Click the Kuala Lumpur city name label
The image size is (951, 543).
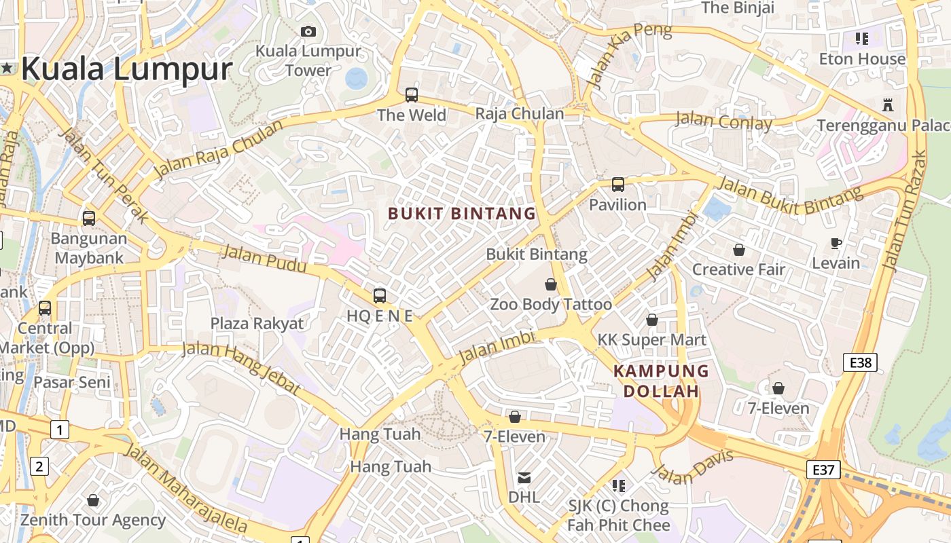pos(126,69)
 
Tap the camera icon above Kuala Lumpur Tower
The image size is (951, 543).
pos(308,31)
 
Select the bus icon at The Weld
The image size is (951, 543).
pos(412,95)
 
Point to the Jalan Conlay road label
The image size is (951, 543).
pos(723,122)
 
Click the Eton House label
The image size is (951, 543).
pos(862,59)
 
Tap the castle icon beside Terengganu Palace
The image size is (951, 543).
pos(886,105)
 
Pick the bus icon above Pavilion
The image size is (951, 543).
pos(617,184)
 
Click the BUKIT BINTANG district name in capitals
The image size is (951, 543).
pos(462,214)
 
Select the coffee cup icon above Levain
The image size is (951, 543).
pos(836,243)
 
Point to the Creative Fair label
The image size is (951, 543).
pos(738,269)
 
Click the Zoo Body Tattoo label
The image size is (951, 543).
pos(551,304)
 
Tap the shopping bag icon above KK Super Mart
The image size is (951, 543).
pos(652,320)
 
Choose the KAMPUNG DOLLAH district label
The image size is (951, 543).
pos(661,381)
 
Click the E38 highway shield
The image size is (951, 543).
pos(861,362)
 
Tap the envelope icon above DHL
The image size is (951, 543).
pos(524,478)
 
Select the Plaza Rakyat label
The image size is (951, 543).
pos(257,323)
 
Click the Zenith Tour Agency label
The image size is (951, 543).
pos(92,520)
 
